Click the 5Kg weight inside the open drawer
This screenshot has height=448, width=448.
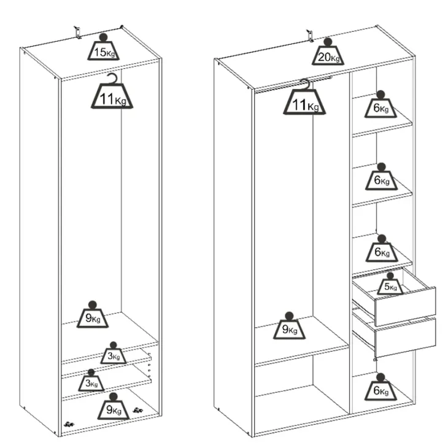pyautogui.click(x=390, y=284)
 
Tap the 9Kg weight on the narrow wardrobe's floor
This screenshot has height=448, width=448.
pyautogui.click(x=114, y=406)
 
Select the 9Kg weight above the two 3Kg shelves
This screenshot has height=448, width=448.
pyautogui.click(x=92, y=315)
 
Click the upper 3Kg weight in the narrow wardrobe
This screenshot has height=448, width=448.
pyautogui.click(x=114, y=353)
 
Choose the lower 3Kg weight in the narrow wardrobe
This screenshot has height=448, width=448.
pyautogui.click(x=91, y=380)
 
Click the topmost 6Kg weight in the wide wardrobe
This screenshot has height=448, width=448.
pyautogui.click(x=380, y=104)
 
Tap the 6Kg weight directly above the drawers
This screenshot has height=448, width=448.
pyautogui.click(x=382, y=249)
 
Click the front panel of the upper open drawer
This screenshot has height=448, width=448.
pyautogui.click(x=405, y=307)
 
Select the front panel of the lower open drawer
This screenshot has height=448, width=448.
pyautogui.click(x=405, y=338)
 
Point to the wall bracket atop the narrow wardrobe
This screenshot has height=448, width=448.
pyautogui.click(x=77, y=33)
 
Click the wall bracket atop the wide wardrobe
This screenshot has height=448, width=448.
pyautogui.click(x=310, y=36)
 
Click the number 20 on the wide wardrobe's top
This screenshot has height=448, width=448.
pyautogui.click(x=324, y=57)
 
